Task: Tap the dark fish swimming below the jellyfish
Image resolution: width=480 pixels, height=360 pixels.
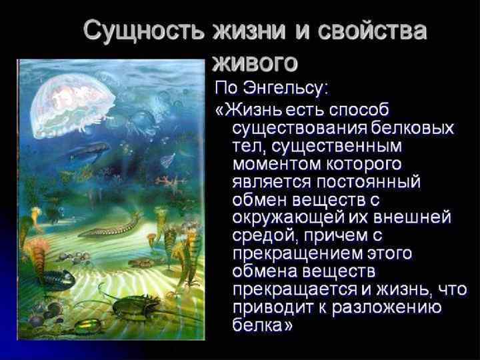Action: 90,152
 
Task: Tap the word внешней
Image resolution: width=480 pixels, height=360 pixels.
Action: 419,217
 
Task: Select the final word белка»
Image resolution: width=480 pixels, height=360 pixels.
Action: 263,325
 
